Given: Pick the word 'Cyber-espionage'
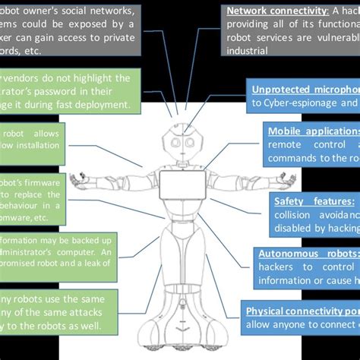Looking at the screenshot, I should [x=292, y=103].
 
